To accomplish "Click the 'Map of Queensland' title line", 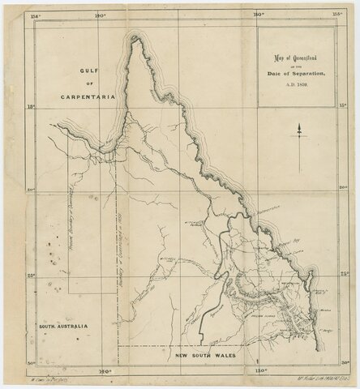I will (x=295, y=58).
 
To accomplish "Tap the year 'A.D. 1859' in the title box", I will (x=295, y=83).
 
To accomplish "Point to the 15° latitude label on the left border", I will (x=30, y=105).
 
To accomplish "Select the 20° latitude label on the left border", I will (x=30, y=190).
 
